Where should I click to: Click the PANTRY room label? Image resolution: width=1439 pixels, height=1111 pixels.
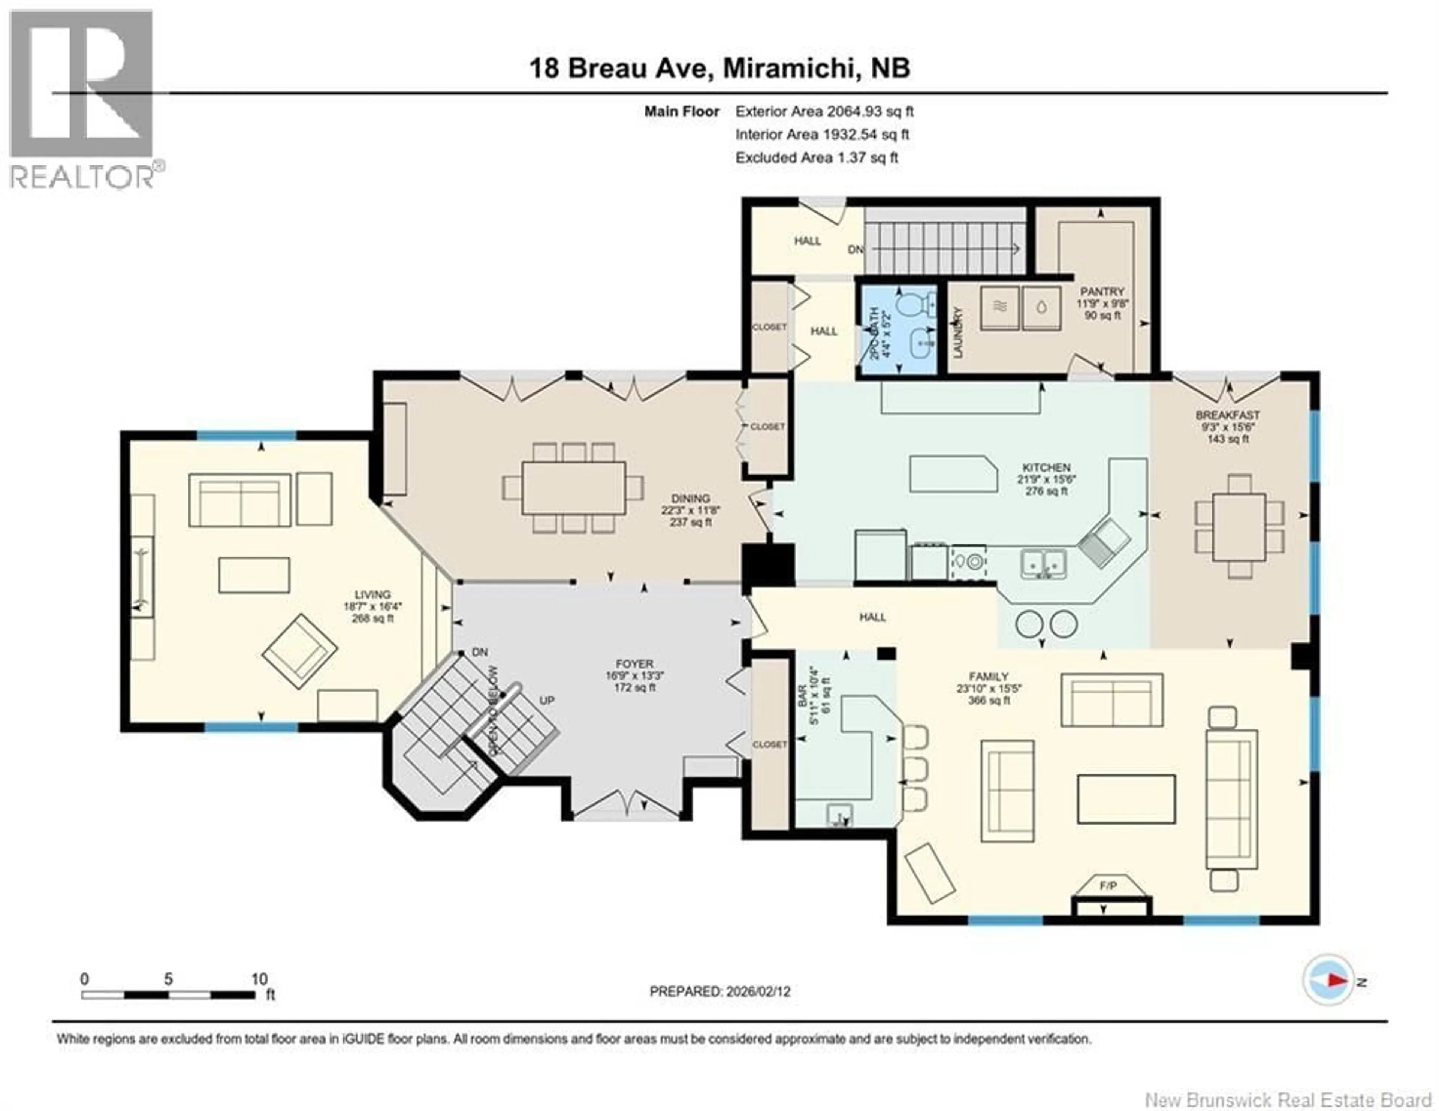1102,291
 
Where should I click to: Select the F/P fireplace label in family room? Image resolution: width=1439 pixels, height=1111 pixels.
1108,886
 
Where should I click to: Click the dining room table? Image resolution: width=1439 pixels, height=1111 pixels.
573,488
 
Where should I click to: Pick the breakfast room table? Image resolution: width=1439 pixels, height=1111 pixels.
1239,527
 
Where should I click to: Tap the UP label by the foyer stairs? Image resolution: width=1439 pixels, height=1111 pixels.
547,701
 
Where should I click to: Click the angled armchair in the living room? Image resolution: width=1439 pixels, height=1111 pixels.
300,651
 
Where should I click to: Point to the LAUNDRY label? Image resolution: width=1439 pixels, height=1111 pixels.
959,333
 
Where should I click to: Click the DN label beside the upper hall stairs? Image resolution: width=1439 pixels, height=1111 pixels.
855,250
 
